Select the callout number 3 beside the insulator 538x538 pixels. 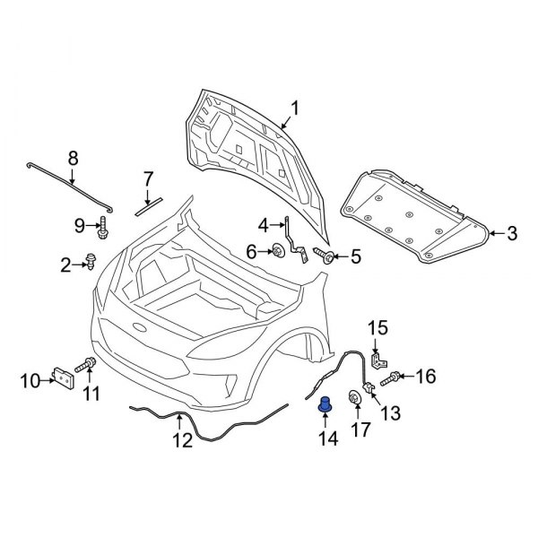(x=511, y=235)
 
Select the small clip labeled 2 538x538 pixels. (x=91, y=263)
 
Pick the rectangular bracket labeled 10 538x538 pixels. (x=64, y=379)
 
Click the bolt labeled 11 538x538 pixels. (x=89, y=365)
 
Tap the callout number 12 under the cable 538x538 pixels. (x=182, y=441)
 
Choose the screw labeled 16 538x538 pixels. (x=395, y=380)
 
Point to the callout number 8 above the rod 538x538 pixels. (x=74, y=159)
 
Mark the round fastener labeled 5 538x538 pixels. (x=329, y=258)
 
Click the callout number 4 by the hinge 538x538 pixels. (x=264, y=224)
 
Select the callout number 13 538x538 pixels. (x=390, y=412)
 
